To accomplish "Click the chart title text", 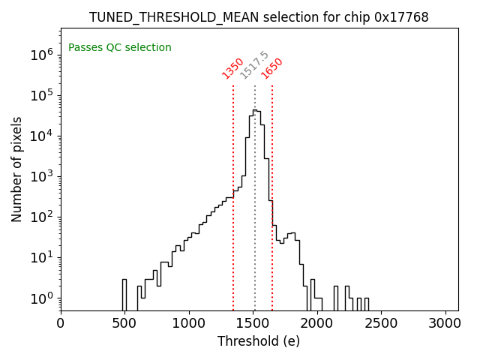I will (x=259, y=17).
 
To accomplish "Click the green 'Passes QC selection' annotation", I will (x=120, y=48).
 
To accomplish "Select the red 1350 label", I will (x=232, y=68).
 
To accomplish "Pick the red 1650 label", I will (x=271, y=68).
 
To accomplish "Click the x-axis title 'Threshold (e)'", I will (x=259, y=341).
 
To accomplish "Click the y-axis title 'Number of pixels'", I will (x=16, y=169).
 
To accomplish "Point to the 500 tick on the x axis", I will (x=125, y=324).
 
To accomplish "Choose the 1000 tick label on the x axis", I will (x=189, y=324).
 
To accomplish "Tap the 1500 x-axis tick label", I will (x=253, y=324).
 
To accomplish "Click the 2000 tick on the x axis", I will (x=317, y=324).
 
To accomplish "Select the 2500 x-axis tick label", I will (x=382, y=324).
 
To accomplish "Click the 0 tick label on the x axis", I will (x=61, y=324).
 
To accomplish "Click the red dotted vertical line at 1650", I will (x=272, y=150).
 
